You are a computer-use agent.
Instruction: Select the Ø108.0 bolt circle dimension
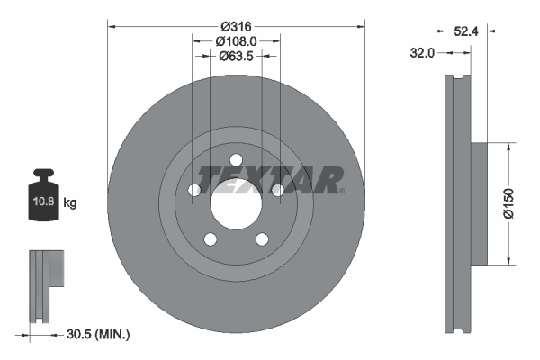click(x=237, y=40)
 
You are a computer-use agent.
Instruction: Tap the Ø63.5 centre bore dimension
click(x=237, y=56)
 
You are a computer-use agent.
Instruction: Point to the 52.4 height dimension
click(x=464, y=31)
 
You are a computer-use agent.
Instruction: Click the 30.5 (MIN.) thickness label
click(x=98, y=335)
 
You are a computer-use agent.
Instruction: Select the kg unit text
click(x=70, y=203)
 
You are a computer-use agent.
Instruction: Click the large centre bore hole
click(x=237, y=202)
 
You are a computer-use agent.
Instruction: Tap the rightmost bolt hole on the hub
click(x=278, y=190)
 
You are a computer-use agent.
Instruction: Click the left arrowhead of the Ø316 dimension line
click(x=112, y=25)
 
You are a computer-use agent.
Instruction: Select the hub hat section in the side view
click(x=478, y=203)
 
